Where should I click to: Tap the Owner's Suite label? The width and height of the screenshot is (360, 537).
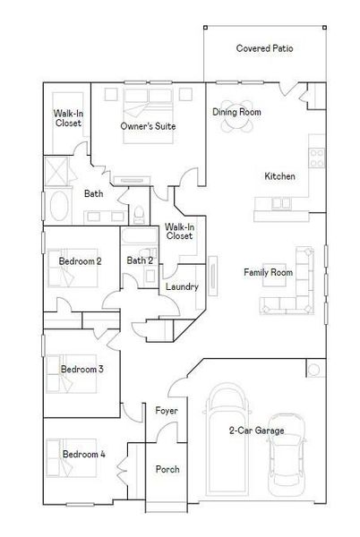coord(149,127)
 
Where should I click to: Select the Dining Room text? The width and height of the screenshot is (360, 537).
coord(236,112)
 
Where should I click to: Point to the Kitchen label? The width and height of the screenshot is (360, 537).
coord(279,176)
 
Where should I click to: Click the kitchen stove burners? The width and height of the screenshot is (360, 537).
coord(316,158)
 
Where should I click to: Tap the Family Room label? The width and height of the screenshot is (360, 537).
coord(269,271)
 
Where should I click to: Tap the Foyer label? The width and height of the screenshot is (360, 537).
coord(166,411)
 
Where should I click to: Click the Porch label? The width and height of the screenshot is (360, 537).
coord(167,469)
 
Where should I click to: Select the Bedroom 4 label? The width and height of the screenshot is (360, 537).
coord(83,455)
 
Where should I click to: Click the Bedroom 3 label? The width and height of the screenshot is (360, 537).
coord(82,369)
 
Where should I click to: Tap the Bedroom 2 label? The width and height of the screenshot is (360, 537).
coord(80,261)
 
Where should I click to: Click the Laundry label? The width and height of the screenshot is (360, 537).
coord(182,286)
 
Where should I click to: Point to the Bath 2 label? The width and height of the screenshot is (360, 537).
coord(140,260)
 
